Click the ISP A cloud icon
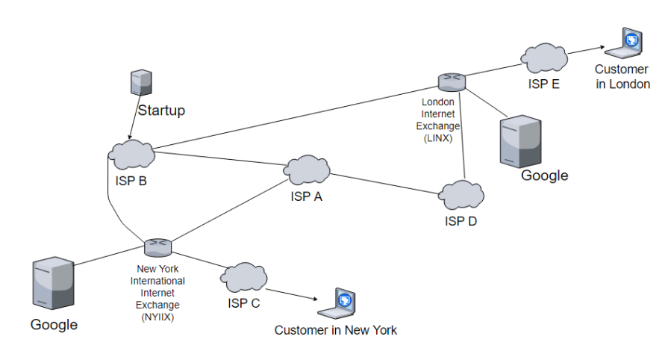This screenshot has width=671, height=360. (x=306, y=170)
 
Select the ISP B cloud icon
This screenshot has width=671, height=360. (x=131, y=154)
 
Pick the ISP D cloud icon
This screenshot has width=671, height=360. (x=460, y=195)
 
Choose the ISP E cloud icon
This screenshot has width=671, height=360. (x=543, y=58)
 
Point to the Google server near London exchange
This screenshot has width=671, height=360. (x=520, y=140)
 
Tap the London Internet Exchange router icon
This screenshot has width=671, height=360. (x=451, y=81)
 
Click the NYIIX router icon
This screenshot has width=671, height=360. (x=158, y=246)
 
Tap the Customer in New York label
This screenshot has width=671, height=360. (x=335, y=329)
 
